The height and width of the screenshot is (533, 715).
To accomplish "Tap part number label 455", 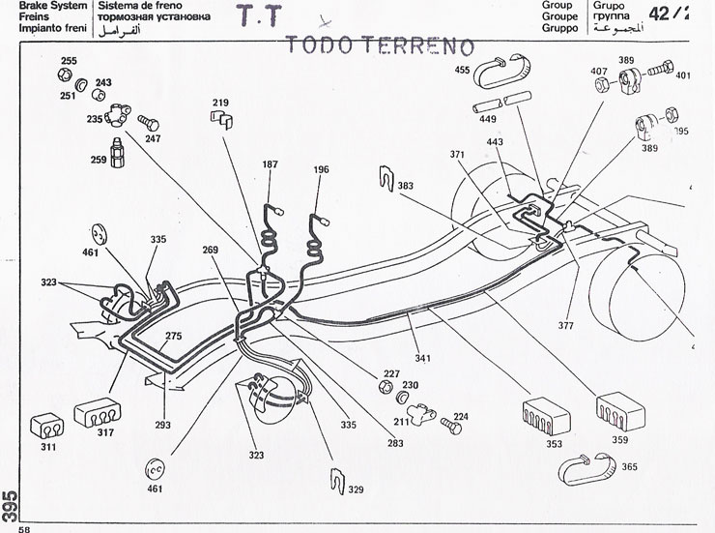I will (463, 70).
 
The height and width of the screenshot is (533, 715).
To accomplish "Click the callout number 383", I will (405, 185).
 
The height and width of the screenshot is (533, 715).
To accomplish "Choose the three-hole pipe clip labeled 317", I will (98, 409).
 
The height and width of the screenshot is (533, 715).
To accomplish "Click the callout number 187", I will (270, 165).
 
